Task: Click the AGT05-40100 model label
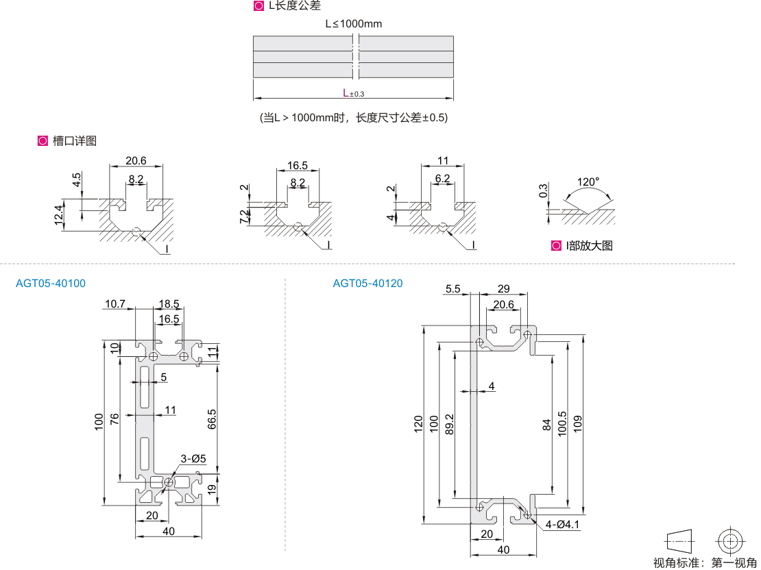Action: [51, 283]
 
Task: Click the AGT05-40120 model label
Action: [367, 283]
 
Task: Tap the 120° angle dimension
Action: [588, 182]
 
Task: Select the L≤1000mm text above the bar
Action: [353, 24]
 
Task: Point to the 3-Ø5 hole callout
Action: [193, 458]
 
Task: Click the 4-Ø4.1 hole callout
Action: [563, 525]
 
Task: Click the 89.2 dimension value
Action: [450, 425]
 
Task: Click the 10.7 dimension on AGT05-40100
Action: [114, 304]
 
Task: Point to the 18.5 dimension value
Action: [169, 304]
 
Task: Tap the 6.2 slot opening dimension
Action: [442, 179]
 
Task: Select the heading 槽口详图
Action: [75, 141]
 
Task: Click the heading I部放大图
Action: [589, 245]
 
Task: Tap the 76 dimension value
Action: [114, 419]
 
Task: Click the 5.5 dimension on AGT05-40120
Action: [452, 288]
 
